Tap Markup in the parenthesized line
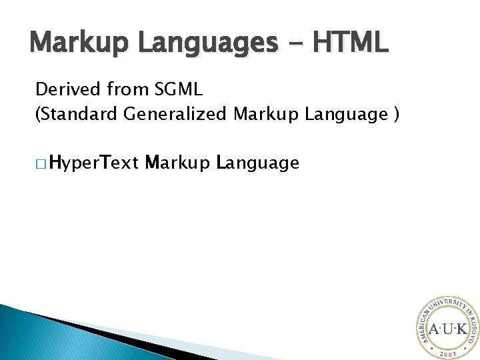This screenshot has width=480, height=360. click(x=265, y=115)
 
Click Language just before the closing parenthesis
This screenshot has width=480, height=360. click(x=343, y=115)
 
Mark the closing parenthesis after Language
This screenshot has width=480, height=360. click(x=397, y=115)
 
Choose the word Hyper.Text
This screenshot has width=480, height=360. click(x=93, y=162)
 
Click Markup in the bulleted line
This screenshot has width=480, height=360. click(x=178, y=162)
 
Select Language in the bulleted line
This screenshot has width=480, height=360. click(x=258, y=162)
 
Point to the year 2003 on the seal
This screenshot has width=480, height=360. click(x=447, y=353)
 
